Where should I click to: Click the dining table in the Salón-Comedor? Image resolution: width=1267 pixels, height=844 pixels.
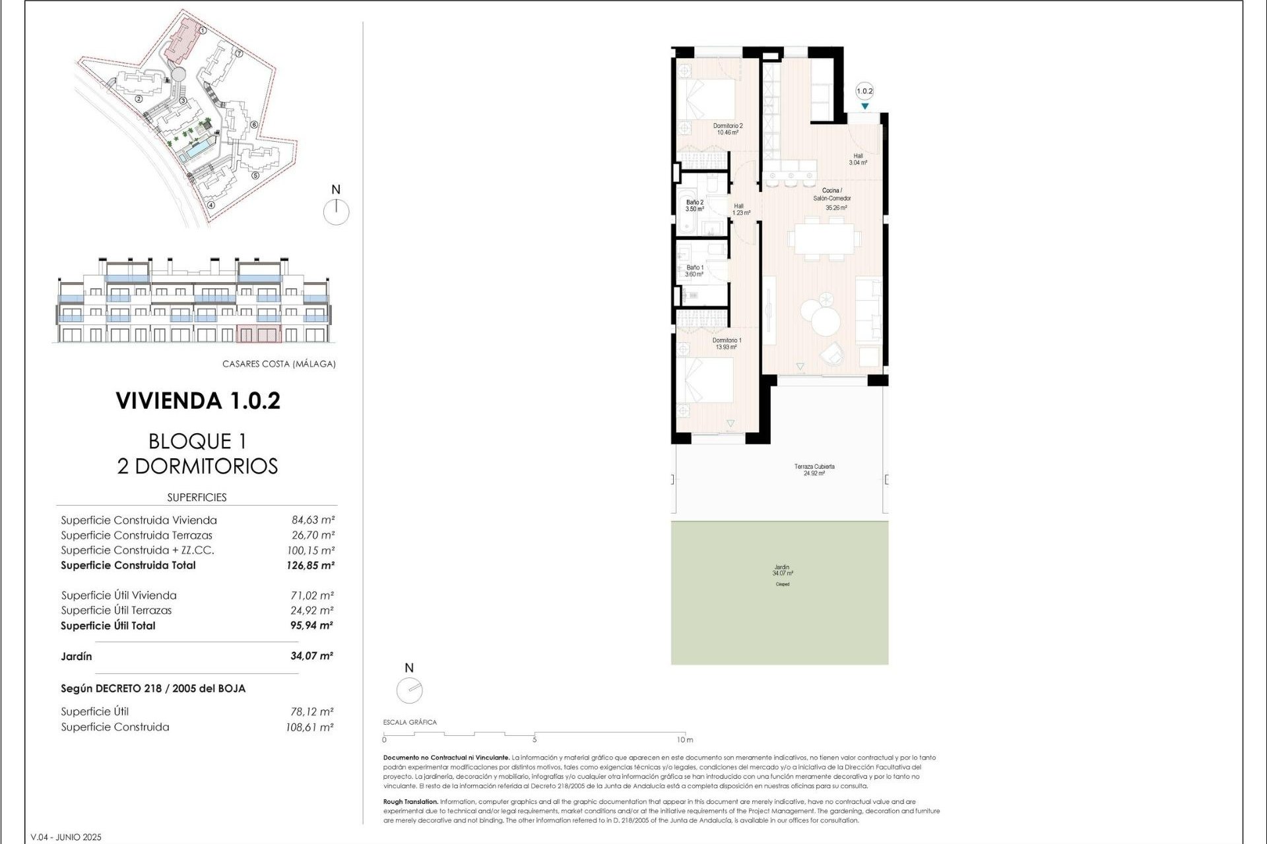[x=824, y=239]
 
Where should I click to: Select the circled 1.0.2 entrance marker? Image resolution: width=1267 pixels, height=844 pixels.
[x=864, y=92]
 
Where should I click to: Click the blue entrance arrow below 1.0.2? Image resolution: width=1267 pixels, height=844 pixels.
[x=864, y=106]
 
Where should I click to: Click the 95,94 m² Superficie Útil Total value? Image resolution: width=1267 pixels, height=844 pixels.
[x=311, y=626]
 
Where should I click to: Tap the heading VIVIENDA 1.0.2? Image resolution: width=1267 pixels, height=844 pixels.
[x=198, y=401]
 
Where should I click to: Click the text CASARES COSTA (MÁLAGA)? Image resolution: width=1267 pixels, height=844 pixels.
[x=278, y=364]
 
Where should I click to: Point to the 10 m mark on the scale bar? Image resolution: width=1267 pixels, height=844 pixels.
[x=684, y=739]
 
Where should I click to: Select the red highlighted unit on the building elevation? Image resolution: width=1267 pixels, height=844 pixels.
[x=259, y=334]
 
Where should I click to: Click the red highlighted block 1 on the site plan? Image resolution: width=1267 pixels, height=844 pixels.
[x=181, y=41]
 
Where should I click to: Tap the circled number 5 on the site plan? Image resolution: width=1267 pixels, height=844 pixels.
[x=255, y=175]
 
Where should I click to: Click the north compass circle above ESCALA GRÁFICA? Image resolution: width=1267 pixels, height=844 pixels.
[x=409, y=690]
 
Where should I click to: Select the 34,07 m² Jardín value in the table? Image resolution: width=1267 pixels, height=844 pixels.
[x=311, y=656]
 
